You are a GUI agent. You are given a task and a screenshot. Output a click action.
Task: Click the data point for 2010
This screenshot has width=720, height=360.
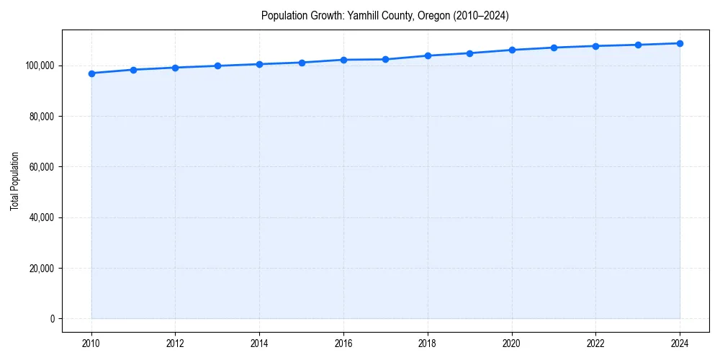point(91,73)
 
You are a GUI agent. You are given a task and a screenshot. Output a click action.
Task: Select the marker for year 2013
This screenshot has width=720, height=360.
point(217,66)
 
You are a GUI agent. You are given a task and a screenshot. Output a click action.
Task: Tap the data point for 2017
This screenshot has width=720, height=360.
point(386,59)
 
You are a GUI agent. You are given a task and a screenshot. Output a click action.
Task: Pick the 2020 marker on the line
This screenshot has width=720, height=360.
point(512,50)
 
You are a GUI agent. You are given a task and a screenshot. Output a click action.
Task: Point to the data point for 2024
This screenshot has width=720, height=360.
point(680,43)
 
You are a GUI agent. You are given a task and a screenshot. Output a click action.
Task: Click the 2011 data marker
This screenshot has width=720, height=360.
point(133,70)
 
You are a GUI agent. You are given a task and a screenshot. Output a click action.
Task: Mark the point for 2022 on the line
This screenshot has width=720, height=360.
point(595,46)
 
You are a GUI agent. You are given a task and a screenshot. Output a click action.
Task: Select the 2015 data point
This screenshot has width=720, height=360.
point(302,63)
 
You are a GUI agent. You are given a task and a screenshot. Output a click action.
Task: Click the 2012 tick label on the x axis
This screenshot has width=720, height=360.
point(175,343)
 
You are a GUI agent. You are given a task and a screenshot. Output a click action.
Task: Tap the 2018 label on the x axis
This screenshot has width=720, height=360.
point(428,343)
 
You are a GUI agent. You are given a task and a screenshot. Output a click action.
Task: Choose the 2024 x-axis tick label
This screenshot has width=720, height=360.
point(680,343)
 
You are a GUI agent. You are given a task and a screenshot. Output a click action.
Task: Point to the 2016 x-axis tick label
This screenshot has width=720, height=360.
point(343,343)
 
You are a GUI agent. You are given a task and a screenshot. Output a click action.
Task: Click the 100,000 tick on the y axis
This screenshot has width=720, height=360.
point(40,66)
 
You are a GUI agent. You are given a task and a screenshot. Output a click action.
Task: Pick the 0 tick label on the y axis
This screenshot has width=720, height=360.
point(53,319)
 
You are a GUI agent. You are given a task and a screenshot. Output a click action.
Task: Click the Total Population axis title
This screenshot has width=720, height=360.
point(14,181)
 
